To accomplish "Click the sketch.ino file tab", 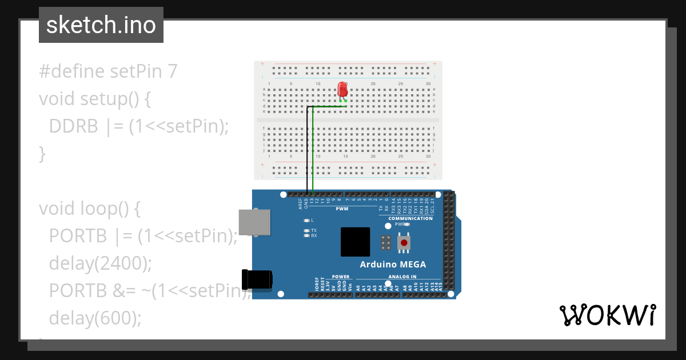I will pos(101,25).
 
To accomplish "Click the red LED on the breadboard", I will pos(342,90).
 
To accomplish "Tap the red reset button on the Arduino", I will pos(404,243).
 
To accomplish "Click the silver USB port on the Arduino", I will pos(255,222).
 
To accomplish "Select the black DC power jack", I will pos(257,279).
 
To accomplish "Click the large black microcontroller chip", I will pos(355,242).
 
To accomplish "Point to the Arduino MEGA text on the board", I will pos(392,265).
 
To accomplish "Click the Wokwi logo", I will pos(607,315).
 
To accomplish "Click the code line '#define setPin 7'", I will pos(108,71).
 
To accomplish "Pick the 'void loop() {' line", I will pos(90,209).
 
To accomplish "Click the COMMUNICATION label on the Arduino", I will pos(410,218).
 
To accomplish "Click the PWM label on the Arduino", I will pos(342,209).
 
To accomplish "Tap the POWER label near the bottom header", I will pos(340,277).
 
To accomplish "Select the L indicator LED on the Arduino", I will pos(307,220).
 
